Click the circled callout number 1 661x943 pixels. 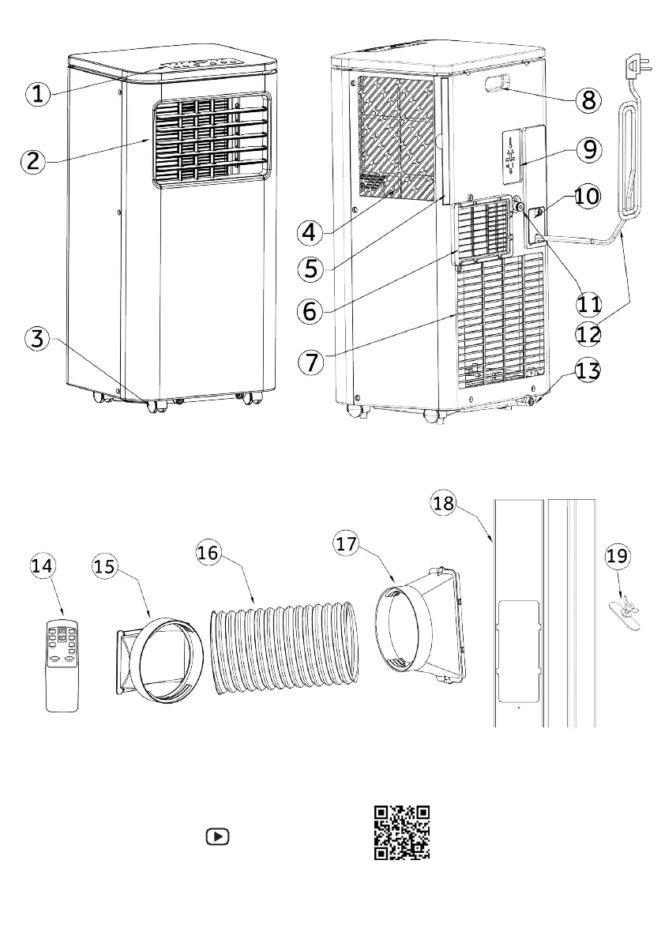(x=38, y=94)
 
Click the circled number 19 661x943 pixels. (x=618, y=557)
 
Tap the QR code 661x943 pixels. (x=402, y=832)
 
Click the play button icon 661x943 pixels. (x=216, y=836)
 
